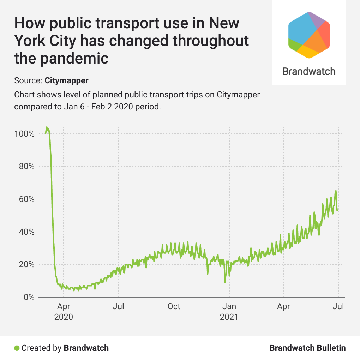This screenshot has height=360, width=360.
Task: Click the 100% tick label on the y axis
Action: (24, 134)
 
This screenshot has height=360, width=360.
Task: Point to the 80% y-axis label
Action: (26, 166)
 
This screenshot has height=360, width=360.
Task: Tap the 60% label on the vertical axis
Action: (26, 199)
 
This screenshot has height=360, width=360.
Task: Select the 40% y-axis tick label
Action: (26, 232)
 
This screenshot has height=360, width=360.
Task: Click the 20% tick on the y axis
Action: (26, 264)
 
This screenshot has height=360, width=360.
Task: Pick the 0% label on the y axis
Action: (28, 297)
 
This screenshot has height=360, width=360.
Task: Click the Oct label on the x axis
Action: (174, 306)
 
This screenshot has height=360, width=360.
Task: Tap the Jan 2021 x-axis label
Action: (229, 311)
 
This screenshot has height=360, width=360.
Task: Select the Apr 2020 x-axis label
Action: (64, 311)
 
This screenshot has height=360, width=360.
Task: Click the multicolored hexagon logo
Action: (309, 35)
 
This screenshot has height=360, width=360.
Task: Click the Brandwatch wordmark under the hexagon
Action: (309, 71)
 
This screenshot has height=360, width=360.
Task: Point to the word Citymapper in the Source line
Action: (66, 80)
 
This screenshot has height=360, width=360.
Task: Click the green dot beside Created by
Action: (17, 348)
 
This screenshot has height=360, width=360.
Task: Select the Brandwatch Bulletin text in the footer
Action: (307, 348)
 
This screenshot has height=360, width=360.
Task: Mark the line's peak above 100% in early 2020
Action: (47, 127)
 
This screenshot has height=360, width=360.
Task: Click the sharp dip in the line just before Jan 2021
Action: (225, 282)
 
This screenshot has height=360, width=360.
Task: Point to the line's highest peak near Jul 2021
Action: (336, 191)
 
